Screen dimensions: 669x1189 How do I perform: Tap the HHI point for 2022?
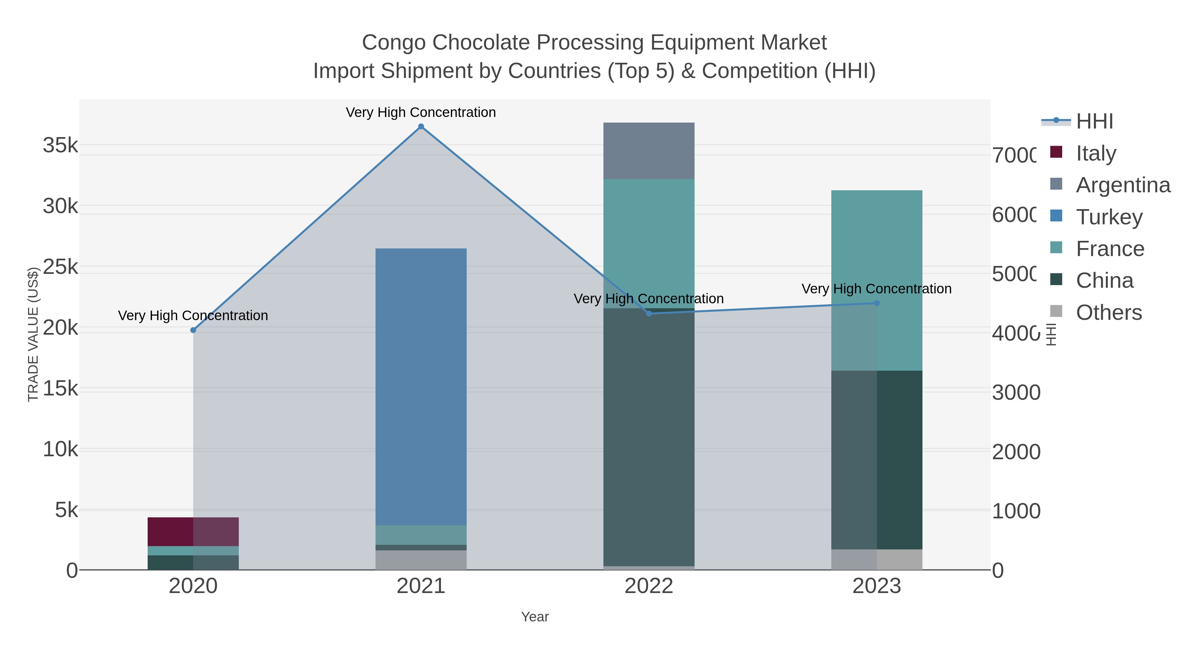[649, 314]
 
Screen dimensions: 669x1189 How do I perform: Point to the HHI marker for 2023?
[877, 303]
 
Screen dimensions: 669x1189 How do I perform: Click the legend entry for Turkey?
[1108, 217]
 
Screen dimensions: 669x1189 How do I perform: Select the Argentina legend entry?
[1122, 185]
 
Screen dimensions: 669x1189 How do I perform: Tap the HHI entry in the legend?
[1094, 122]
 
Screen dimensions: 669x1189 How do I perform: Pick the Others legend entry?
[1108, 313]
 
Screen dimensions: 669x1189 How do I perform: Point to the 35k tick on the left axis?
[60, 145]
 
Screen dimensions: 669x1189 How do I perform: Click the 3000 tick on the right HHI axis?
[1016, 393]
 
